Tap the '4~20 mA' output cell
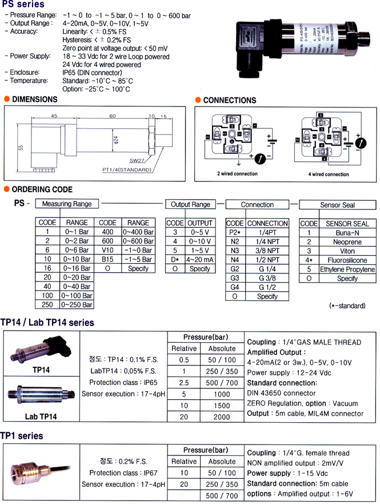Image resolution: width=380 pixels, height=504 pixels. tap(199, 260)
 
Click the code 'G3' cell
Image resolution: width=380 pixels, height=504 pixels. tap(235, 278)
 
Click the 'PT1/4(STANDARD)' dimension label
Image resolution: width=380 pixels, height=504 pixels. tap(131, 170)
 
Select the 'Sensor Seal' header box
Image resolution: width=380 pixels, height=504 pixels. tap(337, 204)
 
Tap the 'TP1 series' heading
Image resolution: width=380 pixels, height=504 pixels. tap(22, 436)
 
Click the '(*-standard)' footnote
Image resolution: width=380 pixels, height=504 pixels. tap(347, 305)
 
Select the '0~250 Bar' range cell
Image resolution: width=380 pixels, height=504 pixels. tap(77, 305)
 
